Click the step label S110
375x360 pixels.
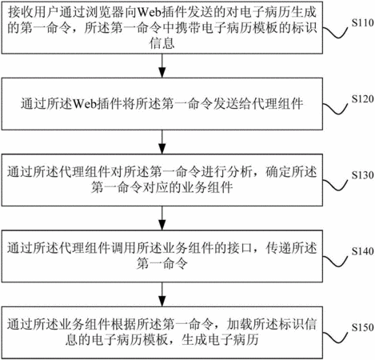click(x=362, y=23)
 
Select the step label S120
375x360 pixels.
click(x=362, y=99)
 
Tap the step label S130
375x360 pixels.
click(x=362, y=175)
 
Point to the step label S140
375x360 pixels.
click(x=362, y=251)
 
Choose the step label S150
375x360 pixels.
click(x=362, y=327)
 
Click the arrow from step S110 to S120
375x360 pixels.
click(x=162, y=66)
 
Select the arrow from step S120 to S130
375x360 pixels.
click(x=162, y=142)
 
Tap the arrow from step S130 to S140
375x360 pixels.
click(x=162, y=218)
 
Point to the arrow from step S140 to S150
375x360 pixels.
click(x=162, y=294)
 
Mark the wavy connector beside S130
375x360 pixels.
click(x=336, y=185)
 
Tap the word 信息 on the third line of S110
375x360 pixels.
click(x=162, y=43)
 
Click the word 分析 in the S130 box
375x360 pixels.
click(x=240, y=172)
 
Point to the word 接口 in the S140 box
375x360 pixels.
click(x=240, y=248)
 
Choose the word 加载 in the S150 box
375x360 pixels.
click(x=240, y=324)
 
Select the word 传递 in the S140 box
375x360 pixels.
click(x=278, y=248)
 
